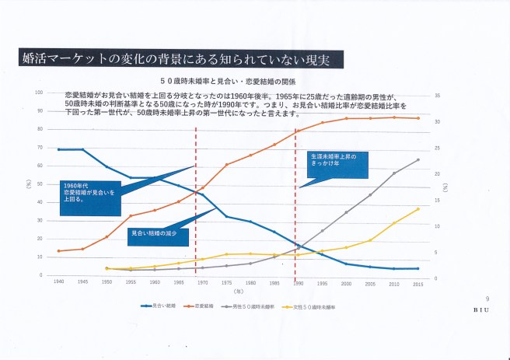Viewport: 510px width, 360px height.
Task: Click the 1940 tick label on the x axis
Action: tap(60, 282)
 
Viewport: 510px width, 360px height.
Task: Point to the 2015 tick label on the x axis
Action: tap(418, 282)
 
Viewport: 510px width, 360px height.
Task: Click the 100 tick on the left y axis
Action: tap(38, 93)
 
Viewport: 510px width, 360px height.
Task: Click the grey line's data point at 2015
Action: tap(418, 160)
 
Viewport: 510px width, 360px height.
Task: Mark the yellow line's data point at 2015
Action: tap(418, 208)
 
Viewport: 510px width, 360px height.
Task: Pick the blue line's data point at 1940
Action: tap(59, 149)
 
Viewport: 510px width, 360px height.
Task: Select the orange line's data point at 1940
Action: tap(59, 251)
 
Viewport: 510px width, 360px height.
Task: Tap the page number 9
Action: tap(487, 299)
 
